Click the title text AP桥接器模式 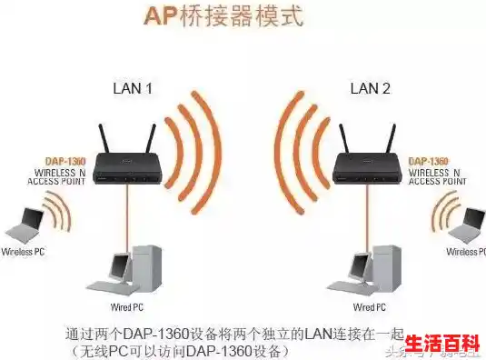coord(225,15)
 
